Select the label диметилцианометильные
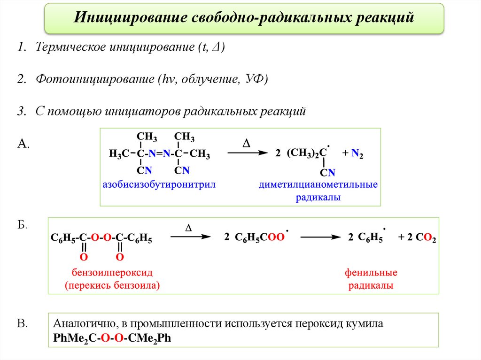[318, 184]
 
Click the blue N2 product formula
[357, 154]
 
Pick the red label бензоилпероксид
[112, 273]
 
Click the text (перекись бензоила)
[112, 285]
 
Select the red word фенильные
[371, 273]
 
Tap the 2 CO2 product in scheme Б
[417, 238]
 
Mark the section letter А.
[23, 145]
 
